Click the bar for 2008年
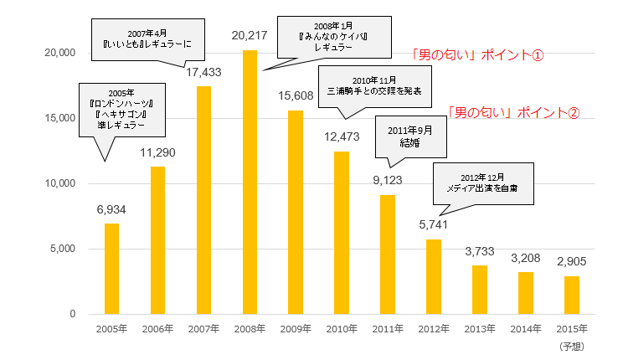250,182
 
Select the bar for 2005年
111,268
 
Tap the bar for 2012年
434,276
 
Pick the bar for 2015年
571,295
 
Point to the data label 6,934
111,208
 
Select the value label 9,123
388,179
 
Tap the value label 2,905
571,260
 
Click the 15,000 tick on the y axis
59,118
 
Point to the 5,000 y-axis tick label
63,249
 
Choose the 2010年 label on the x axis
342,328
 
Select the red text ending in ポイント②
512,111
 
